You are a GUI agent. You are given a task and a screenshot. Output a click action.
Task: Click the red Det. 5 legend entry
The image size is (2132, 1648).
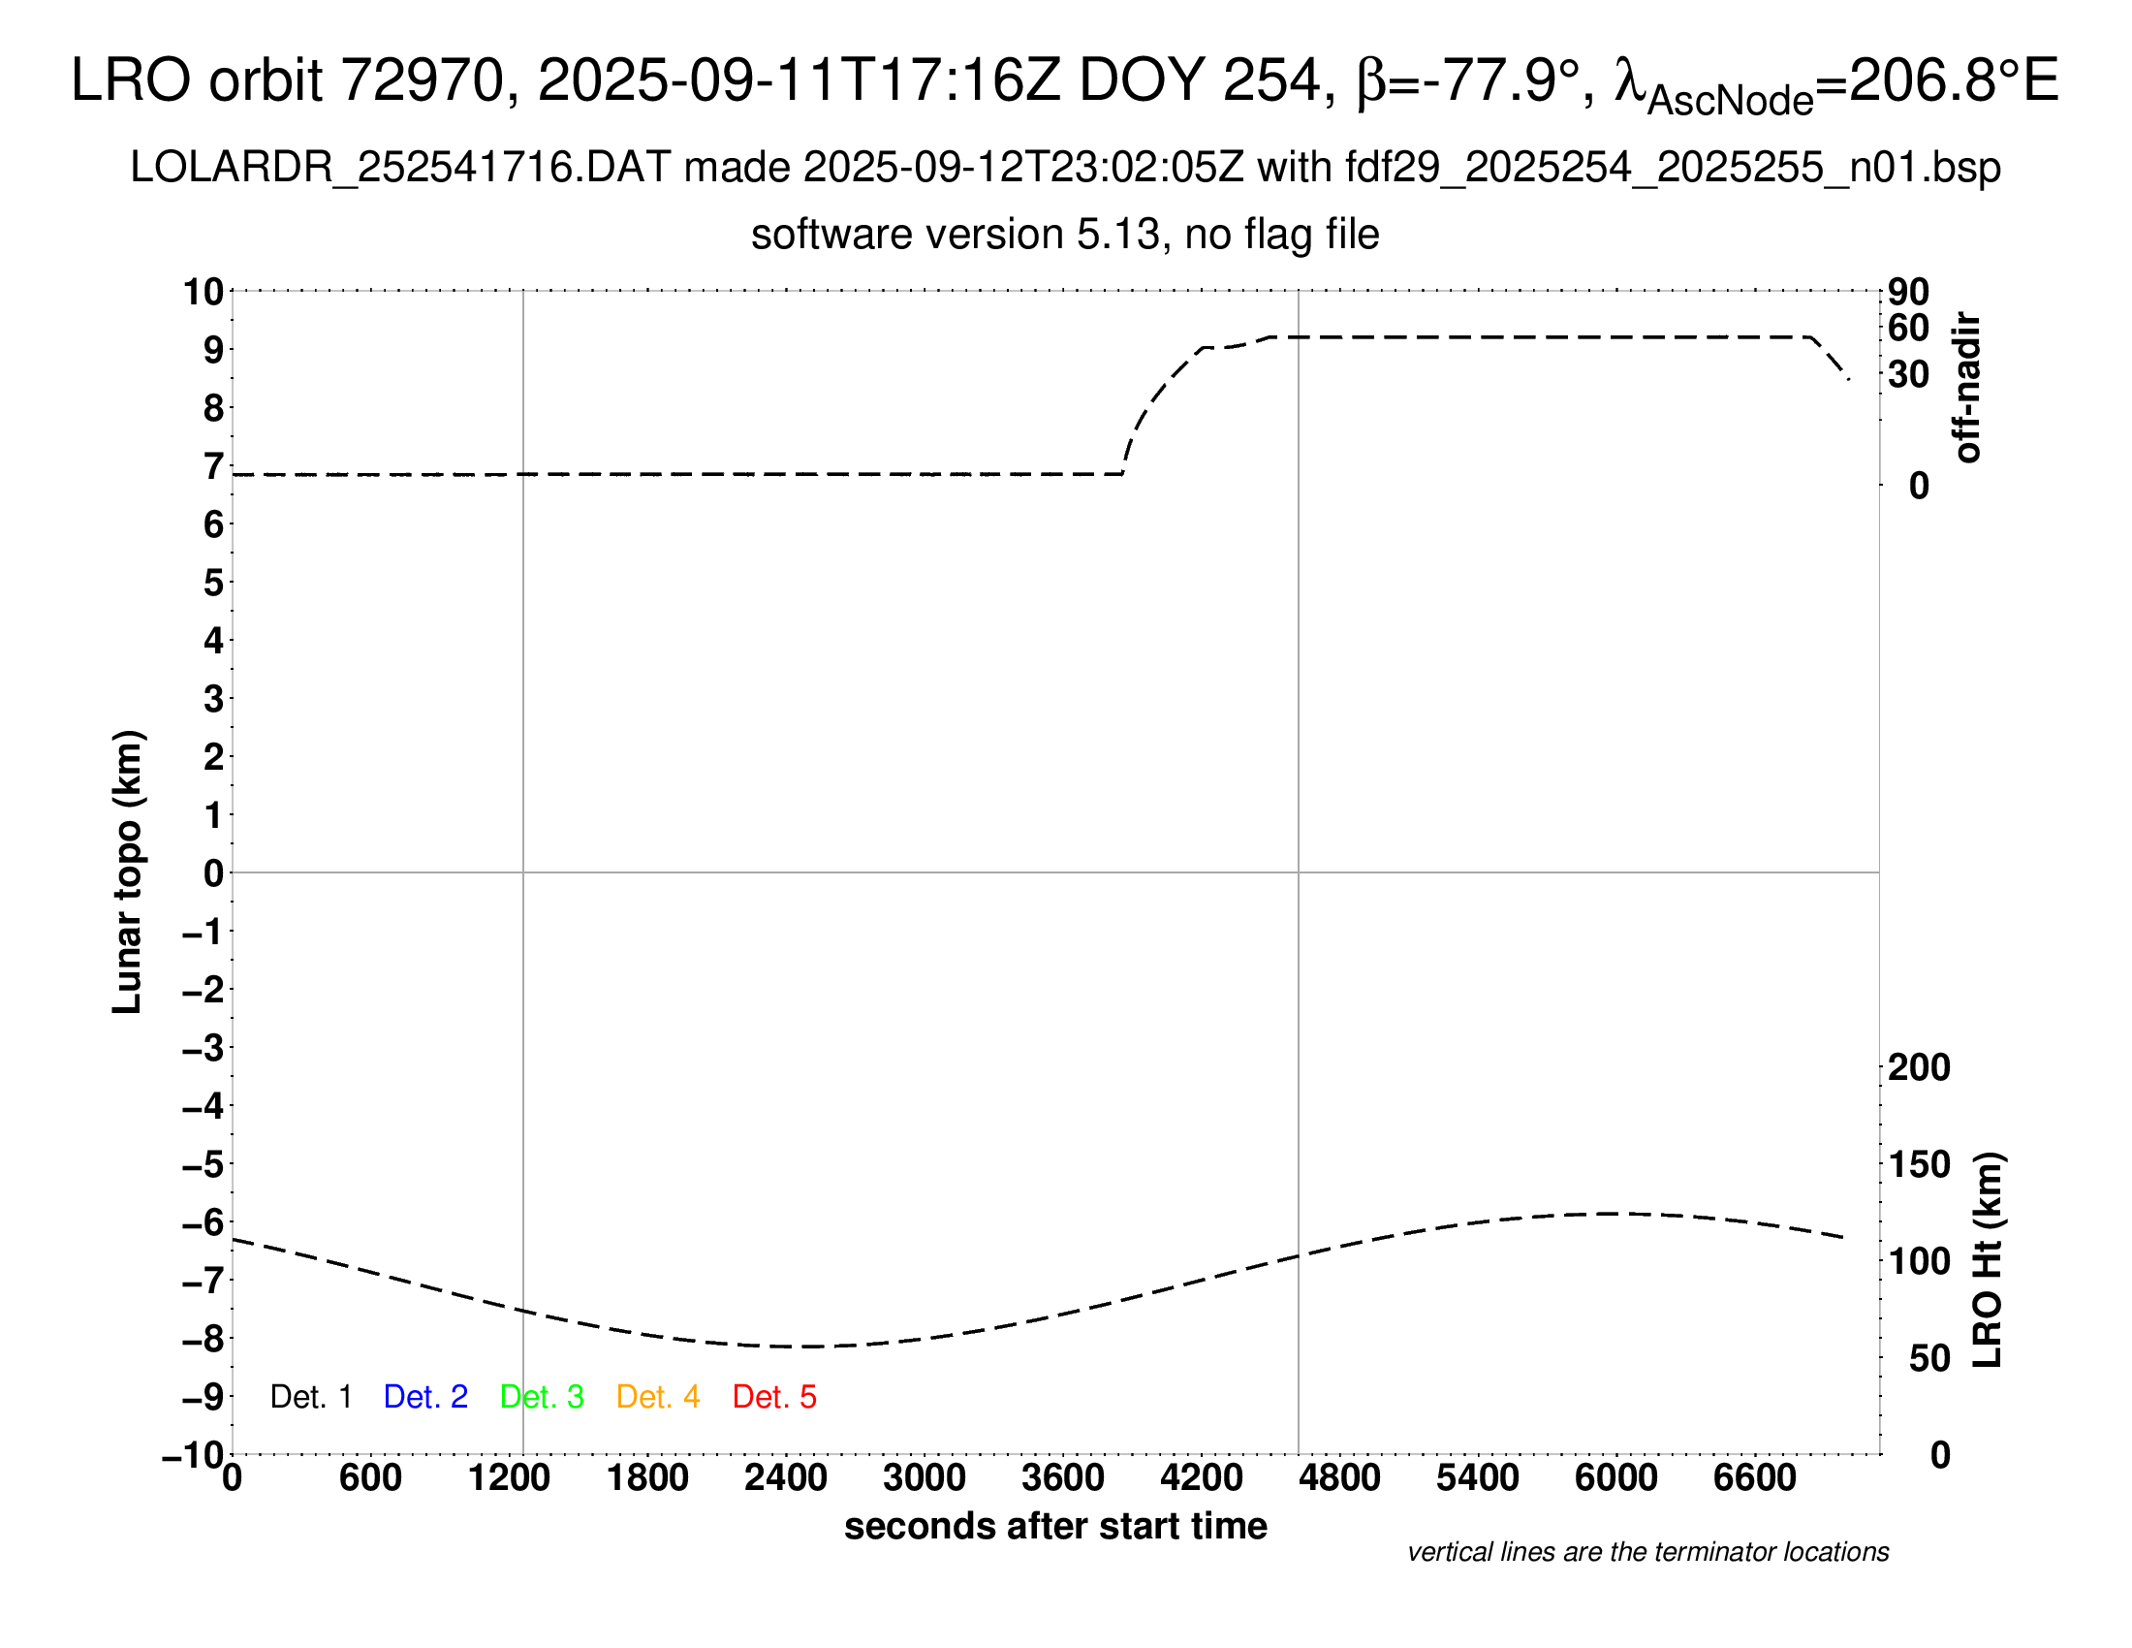tap(774, 1397)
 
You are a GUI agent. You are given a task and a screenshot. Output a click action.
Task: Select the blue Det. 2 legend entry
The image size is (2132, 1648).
tap(425, 1397)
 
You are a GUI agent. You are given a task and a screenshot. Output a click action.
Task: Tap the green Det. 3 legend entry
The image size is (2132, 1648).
tap(542, 1397)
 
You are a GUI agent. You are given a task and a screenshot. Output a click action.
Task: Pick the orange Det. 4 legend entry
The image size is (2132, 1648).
tap(658, 1397)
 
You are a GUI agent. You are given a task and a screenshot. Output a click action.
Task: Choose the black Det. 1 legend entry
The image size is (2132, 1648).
tap(310, 1397)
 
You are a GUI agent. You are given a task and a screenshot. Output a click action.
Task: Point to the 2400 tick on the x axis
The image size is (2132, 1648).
tap(786, 1477)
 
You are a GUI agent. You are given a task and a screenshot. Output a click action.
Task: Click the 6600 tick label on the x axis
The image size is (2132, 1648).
tap(1754, 1477)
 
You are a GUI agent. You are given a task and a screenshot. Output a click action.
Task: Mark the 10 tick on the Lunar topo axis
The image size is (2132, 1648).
tap(204, 291)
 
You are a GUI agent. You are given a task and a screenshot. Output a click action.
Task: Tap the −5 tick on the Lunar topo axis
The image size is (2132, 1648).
tap(204, 1164)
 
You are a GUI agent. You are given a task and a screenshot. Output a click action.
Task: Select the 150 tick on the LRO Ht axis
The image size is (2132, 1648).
tap(1918, 1164)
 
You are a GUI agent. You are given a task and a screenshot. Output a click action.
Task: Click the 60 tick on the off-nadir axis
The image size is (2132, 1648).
tap(1908, 328)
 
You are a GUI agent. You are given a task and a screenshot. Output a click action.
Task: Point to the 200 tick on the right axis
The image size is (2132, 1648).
tap(1918, 1067)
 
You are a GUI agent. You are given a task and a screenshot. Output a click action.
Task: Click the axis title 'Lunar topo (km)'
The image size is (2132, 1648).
tap(128, 872)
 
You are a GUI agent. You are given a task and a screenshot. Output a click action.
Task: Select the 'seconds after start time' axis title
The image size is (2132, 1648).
tap(1055, 1526)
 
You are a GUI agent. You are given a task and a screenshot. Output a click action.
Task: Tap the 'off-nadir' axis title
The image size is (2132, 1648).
tap(1967, 388)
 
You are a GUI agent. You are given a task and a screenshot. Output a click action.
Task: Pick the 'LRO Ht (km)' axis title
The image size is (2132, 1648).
tap(1988, 1260)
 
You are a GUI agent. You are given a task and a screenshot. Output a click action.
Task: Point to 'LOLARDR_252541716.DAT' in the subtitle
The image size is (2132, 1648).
tap(400, 168)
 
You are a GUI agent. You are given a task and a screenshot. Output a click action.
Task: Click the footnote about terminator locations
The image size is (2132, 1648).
tap(1647, 1552)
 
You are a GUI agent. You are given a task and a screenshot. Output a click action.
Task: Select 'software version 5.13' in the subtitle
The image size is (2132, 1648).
tap(956, 235)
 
